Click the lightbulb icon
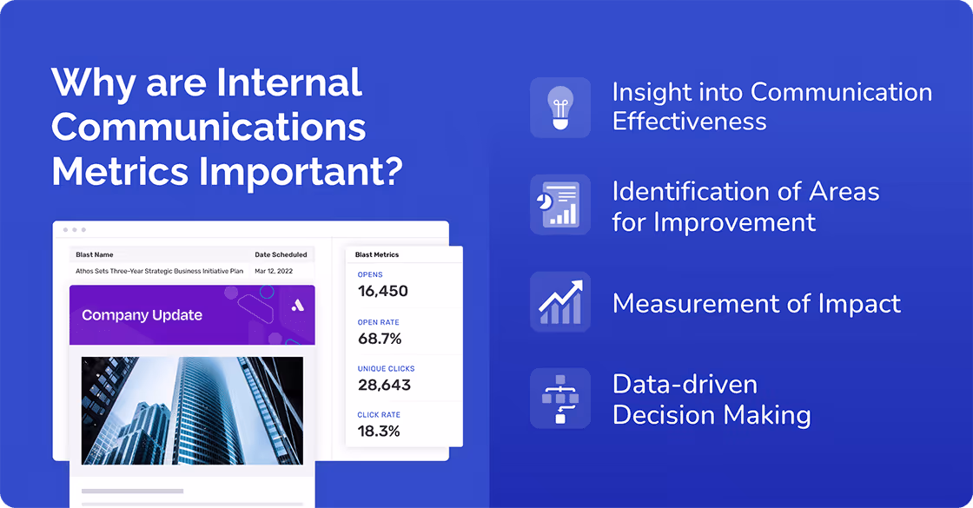tap(560, 107)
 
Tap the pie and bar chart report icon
tap(560, 205)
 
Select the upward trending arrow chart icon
tap(560, 301)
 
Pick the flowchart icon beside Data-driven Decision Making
tap(560, 398)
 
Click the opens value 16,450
tap(382, 291)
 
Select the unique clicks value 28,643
tap(384, 385)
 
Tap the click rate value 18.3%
tap(379, 432)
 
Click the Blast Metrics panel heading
tap(377, 254)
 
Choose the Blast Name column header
tap(95, 254)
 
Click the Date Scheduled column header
tap(281, 254)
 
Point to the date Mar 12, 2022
tap(274, 271)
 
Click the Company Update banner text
tap(142, 315)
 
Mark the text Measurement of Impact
tap(756, 303)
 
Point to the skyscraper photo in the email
tap(191, 410)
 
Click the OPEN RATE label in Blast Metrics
tap(378, 322)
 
